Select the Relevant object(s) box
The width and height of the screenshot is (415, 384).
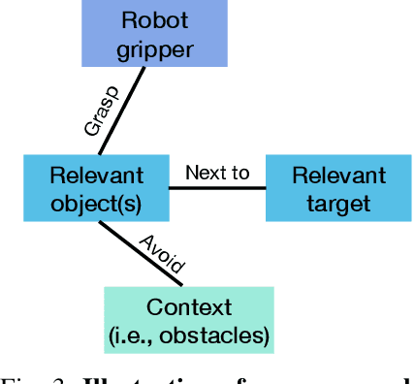pos(96,189)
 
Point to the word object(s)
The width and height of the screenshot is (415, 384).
pos(96,203)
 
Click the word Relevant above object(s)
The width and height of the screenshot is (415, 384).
pos(96,176)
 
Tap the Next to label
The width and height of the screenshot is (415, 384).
pos(217,173)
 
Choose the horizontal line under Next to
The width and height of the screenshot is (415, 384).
pos(217,188)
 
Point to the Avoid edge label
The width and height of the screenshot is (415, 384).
pos(162,251)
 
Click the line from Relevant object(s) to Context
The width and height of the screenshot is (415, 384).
pos(140,254)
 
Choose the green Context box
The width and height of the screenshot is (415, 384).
pos(189,322)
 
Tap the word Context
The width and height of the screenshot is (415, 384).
pos(189,308)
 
